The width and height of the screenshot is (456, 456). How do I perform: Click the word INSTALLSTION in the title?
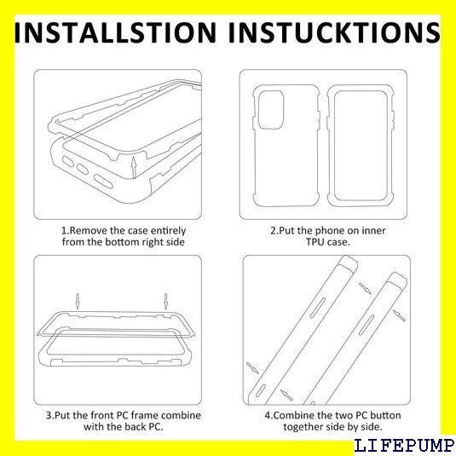pos(115,32)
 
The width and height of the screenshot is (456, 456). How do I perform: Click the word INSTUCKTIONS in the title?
pos(334,32)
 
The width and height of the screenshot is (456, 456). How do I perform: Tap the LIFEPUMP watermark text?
pos(404,447)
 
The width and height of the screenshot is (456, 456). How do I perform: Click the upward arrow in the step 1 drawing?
pos(134,167)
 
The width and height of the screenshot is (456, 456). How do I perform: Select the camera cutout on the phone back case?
pos(271,109)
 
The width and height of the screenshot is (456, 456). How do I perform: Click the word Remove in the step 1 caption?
pos(89,231)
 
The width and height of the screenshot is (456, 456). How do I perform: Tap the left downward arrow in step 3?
pos(78,302)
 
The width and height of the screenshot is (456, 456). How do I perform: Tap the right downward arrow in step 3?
pos(165,302)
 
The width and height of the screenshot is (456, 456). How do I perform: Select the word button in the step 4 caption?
pos(385,415)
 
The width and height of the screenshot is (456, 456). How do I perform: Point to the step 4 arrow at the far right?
pos(399,315)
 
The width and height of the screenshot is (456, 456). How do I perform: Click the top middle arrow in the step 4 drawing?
pos(365,288)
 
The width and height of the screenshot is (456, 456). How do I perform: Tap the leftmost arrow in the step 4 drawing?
pos(252,368)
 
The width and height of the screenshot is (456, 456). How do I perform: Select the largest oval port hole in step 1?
pos(103,182)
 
